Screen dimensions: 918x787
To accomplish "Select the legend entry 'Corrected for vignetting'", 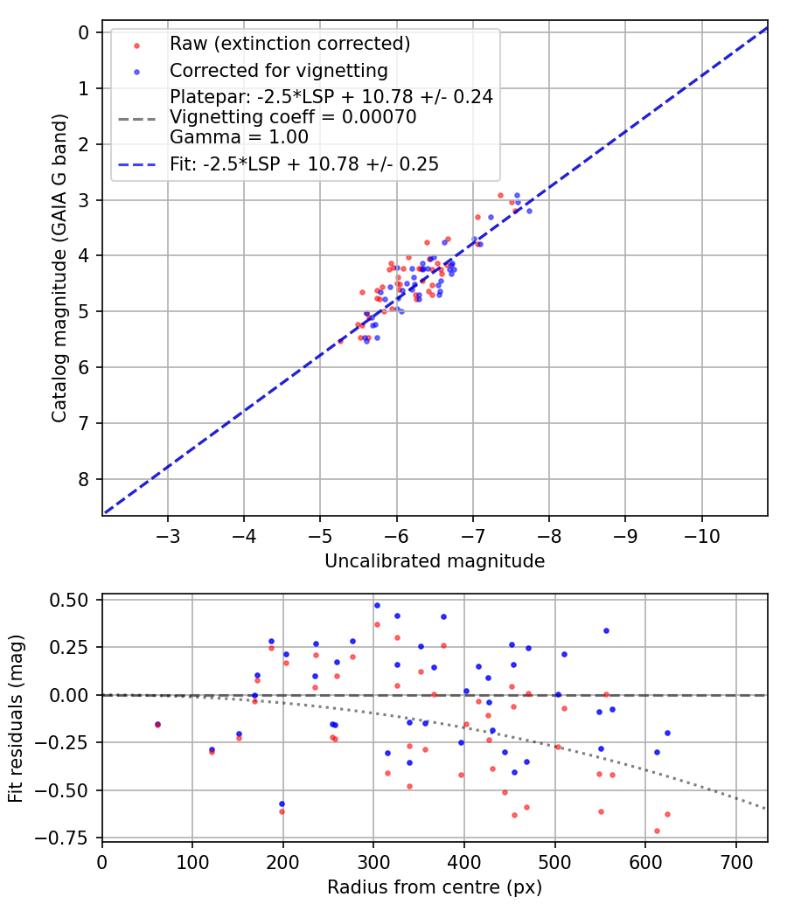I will pyautogui.click(x=278, y=70).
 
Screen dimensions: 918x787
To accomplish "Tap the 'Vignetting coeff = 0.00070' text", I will pyautogui.click(x=293, y=117).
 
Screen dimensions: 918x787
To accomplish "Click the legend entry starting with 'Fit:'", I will pyautogui.click(x=304, y=163).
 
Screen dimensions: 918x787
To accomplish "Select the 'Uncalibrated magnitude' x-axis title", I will pyautogui.click(x=435, y=561).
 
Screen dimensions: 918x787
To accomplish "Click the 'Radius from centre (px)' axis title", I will pyautogui.click(x=435, y=887).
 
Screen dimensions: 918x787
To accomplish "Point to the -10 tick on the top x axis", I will pyautogui.click(x=701, y=533).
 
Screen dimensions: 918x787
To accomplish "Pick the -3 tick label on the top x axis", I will pyautogui.click(x=169, y=533).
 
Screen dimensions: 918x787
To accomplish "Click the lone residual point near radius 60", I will pyautogui.click(x=157, y=724).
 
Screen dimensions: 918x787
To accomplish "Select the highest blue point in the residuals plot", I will pyautogui.click(x=377, y=605).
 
